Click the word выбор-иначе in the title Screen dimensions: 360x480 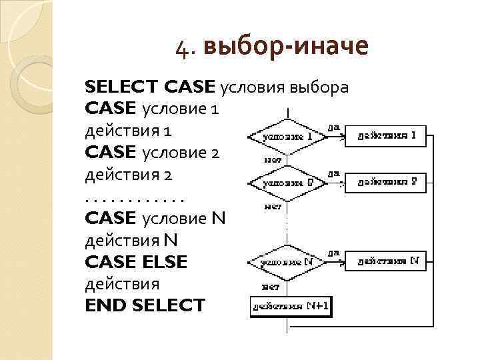(287, 47)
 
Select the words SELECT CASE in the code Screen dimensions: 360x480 (150, 87)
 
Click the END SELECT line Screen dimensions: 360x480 (145, 305)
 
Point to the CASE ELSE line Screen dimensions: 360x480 (137, 262)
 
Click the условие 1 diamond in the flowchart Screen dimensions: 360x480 (288, 137)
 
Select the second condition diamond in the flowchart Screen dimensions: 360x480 (288, 182)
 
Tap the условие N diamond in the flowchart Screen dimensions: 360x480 (288, 262)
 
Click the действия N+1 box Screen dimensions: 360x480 (291, 307)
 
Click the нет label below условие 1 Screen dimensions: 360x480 (273, 159)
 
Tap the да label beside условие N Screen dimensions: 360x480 (333, 252)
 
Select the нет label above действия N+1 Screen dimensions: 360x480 (270, 287)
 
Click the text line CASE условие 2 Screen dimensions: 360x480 (153, 152)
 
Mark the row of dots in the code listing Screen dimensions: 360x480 (134, 197)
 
